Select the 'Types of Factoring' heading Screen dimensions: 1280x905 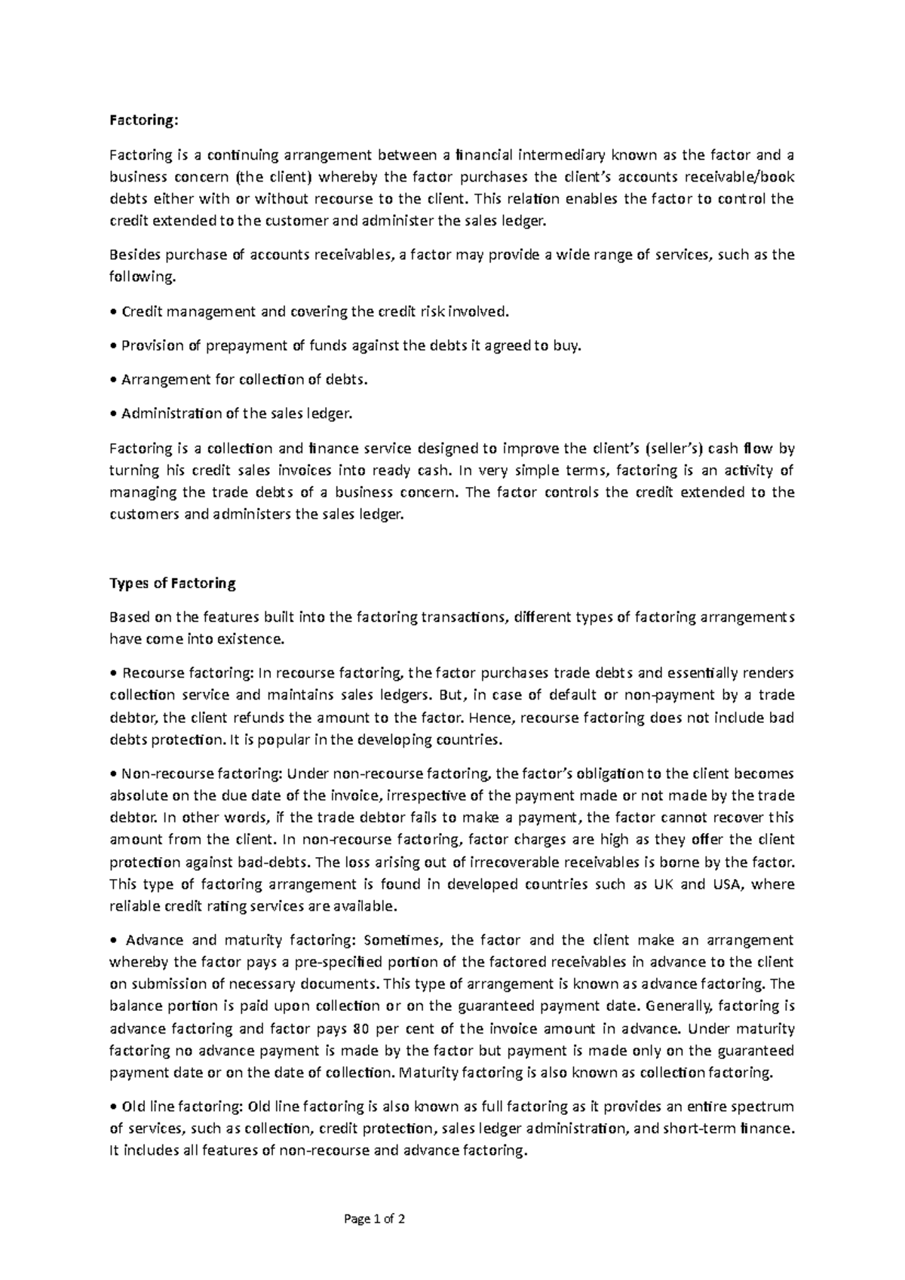173,583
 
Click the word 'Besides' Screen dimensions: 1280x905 132,254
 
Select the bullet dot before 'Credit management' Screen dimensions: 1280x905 113,312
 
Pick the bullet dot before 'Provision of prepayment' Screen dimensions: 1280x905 113,346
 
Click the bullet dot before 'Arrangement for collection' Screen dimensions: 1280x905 113,380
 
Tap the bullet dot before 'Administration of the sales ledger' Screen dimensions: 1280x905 113,414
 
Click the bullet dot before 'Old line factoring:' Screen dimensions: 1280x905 113,1107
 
